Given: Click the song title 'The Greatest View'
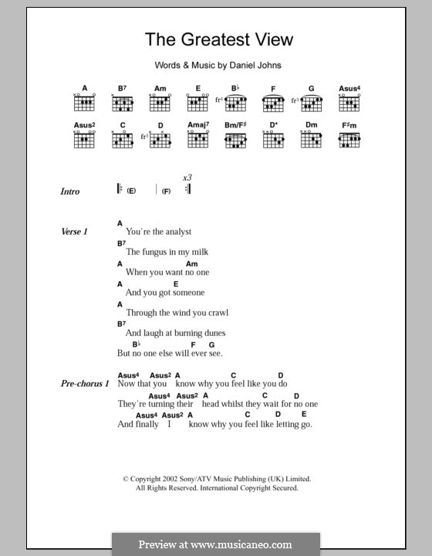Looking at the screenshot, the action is pos(219,39).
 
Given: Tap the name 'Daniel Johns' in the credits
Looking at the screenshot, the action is pos(255,66).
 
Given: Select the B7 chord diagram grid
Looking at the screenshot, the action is pos(122,103).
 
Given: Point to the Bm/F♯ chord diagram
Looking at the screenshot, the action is pos(236,140).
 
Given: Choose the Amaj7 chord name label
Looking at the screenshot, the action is pos(198,124).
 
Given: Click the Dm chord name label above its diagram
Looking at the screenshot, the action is pos(312,124).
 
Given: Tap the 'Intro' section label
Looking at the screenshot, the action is pos(70,192).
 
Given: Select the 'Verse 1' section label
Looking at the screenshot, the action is pos(75,232).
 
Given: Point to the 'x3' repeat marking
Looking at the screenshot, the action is pos(187,178).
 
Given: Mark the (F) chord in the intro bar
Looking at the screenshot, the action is pos(166,191).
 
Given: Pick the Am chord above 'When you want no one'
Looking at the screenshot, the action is pos(192,263).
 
